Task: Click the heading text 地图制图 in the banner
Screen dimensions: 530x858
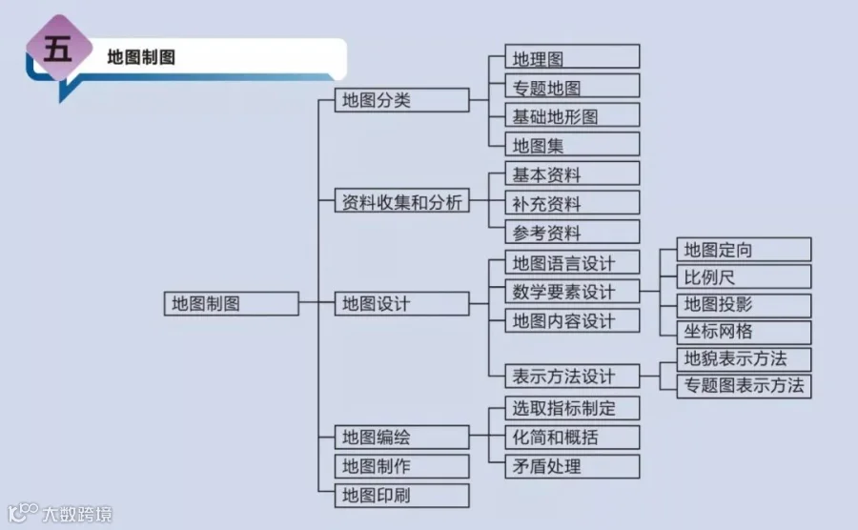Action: (141, 57)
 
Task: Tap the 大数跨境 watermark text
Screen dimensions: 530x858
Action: (76, 515)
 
